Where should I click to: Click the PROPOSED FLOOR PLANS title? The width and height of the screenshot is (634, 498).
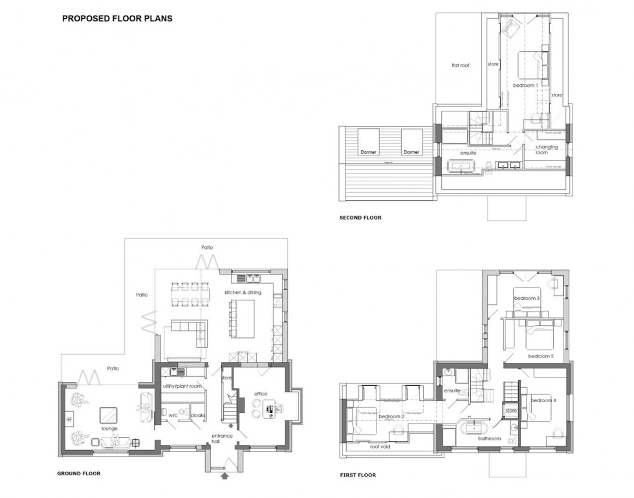pos(117,19)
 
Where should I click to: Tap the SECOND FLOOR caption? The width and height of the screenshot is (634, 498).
pos(360,218)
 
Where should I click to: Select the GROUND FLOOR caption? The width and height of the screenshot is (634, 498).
pos(79,474)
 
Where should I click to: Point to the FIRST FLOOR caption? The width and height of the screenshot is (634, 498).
pos(358,475)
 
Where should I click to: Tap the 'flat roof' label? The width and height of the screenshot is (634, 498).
pos(460,65)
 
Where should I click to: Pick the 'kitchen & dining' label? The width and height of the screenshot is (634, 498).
pos(244,293)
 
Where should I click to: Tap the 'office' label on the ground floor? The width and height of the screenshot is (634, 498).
pos(261,394)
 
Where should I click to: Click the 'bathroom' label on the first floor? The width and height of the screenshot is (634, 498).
pos(490,438)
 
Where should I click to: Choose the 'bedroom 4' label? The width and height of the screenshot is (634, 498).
pos(543,401)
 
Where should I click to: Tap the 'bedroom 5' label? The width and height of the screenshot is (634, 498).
pos(540,356)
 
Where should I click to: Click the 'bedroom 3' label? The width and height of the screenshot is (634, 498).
pos(527,298)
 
